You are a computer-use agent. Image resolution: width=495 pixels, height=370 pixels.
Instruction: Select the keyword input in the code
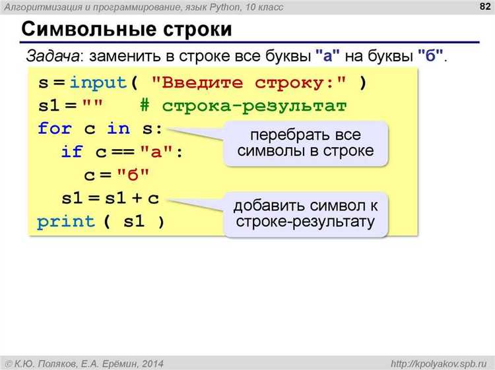pyautogui.click(x=98, y=83)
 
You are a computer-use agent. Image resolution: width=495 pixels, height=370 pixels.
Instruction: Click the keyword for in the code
pyautogui.click(x=54, y=129)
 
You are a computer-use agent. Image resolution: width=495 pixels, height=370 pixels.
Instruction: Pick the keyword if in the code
pyautogui.click(x=71, y=152)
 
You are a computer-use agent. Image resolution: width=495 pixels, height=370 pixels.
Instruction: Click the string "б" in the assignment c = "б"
pyautogui.click(x=134, y=175)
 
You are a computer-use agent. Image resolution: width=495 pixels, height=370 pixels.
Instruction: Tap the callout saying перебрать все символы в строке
pyautogui.click(x=305, y=143)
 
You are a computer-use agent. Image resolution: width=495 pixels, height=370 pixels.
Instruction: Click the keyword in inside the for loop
pyautogui.click(x=119, y=129)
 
